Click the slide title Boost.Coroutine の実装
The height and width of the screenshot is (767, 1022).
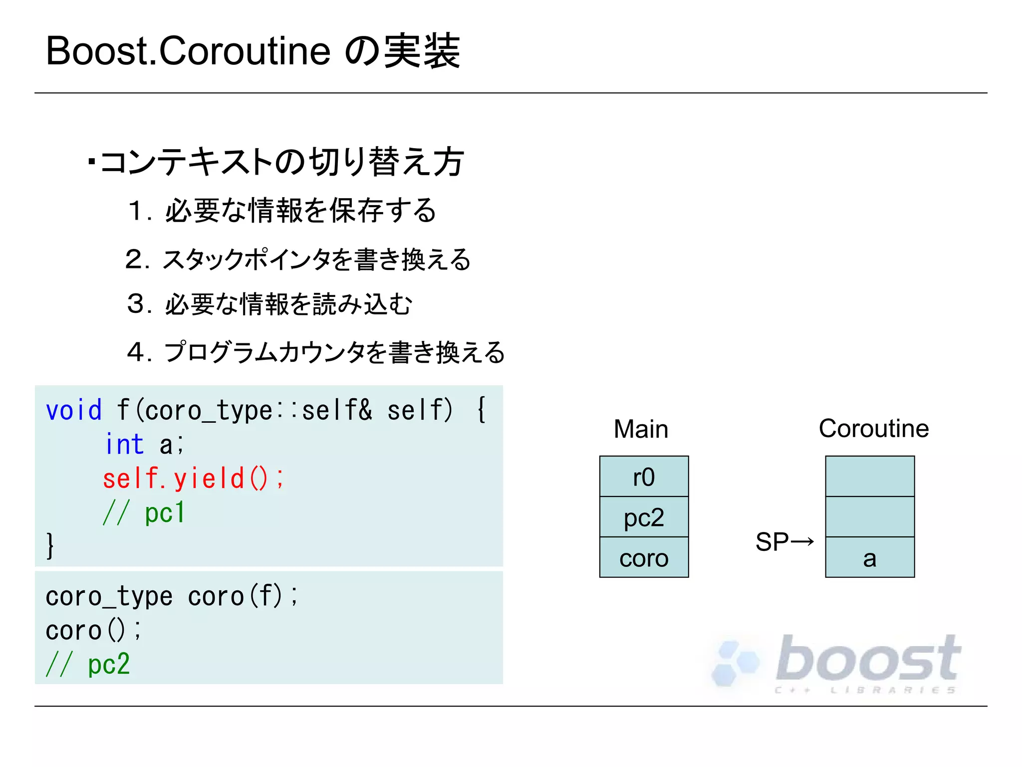click(x=253, y=51)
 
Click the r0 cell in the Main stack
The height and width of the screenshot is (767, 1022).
click(x=644, y=477)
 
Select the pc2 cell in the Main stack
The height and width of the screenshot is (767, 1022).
click(x=644, y=517)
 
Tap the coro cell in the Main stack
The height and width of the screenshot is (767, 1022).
click(x=644, y=558)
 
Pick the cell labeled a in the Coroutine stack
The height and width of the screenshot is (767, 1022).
click(x=870, y=558)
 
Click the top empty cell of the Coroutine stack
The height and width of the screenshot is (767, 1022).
click(x=870, y=476)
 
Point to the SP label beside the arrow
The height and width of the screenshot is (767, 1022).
click(x=771, y=542)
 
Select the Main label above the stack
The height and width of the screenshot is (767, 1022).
click(x=641, y=429)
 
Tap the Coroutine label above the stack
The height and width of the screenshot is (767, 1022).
click(x=874, y=428)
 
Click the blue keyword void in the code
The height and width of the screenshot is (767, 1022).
click(x=74, y=410)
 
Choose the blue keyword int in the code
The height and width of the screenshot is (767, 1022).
click(x=124, y=444)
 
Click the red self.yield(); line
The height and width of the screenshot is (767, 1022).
click(x=193, y=478)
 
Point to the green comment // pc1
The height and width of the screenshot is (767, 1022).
click(x=144, y=512)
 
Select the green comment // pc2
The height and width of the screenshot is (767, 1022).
click(x=88, y=664)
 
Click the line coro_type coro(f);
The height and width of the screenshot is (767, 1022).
click(x=172, y=596)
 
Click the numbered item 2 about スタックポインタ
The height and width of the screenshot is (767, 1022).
click(x=298, y=259)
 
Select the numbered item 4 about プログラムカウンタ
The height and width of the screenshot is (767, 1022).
click(x=315, y=352)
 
